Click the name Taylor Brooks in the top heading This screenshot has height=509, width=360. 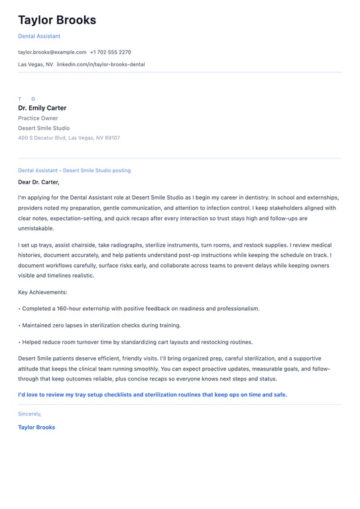click(57, 20)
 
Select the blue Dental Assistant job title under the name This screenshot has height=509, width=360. click(39, 36)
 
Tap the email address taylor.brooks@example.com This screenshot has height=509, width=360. click(52, 52)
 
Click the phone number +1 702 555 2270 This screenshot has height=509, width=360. click(111, 52)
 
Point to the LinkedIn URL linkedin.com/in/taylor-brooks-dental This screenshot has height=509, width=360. click(101, 64)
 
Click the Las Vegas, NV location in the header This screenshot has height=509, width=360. click(36, 64)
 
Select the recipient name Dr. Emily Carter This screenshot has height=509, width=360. click(42, 108)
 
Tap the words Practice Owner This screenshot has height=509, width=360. click(38, 118)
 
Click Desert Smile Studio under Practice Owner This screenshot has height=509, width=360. click(44, 128)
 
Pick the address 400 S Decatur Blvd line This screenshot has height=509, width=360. click(69, 138)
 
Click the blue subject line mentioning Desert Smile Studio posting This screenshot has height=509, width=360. click(74, 170)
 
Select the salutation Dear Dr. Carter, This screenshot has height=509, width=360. click(38, 182)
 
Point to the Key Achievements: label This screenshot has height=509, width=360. click(42, 292)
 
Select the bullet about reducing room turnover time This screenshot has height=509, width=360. click(136, 342)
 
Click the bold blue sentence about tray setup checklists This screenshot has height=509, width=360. click(152, 394)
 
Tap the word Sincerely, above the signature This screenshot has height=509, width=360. click(30, 414)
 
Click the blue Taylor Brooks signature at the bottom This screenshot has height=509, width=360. click(36, 427)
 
